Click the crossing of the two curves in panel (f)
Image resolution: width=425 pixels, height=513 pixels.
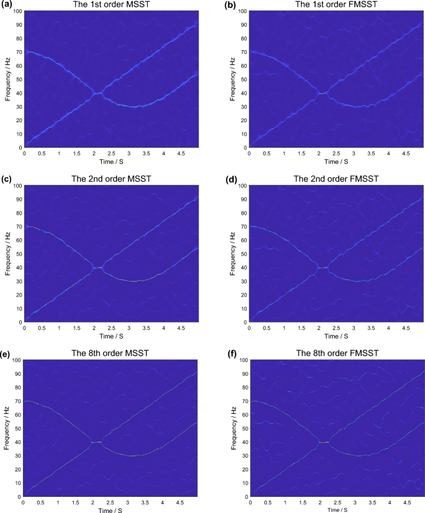click(323, 442)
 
